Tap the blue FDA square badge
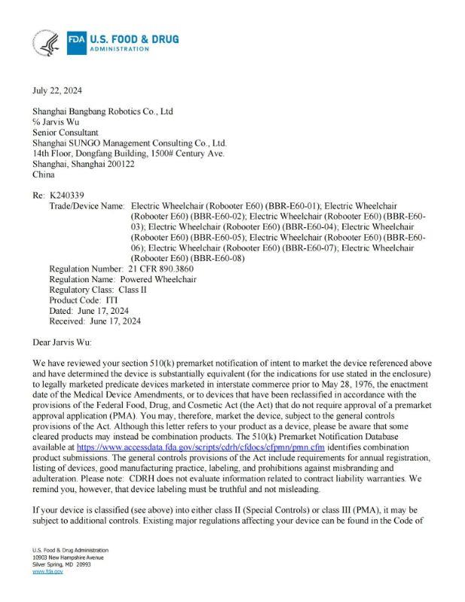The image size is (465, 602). (77, 41)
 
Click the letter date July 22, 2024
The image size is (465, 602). (57, 90)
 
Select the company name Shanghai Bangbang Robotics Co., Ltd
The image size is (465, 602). (102, 111)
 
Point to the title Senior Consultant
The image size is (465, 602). (65, 132)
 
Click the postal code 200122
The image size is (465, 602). (119, 164)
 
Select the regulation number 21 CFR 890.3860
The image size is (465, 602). (160, 269)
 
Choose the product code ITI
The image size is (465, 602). (112, 300)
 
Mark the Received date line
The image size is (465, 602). (95, 321)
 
